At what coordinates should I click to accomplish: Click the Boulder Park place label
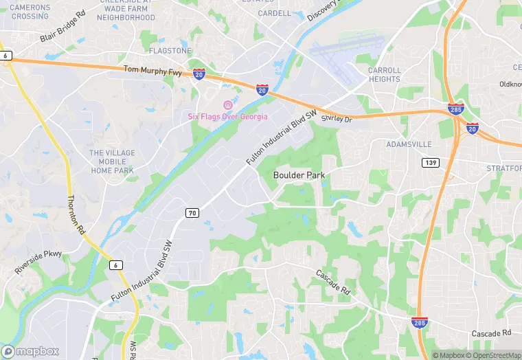point(299,175)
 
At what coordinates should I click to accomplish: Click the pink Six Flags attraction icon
point(227,104)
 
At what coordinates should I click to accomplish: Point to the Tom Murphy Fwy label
point(153,69)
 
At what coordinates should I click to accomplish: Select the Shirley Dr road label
point(337,119)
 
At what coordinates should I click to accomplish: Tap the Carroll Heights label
point(384,74)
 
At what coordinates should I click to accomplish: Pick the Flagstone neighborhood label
point(170,51)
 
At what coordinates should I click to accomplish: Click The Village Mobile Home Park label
point(112,161)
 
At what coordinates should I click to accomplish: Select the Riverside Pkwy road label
point(38,262)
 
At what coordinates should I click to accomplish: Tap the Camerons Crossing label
point(30,12)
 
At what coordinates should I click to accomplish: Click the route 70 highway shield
point(192,214)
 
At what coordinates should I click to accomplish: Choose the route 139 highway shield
point(431,162)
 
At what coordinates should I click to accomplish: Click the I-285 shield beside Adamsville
point(455,109)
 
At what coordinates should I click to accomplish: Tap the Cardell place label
point(275,13)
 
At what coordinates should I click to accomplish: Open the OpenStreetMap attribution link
point(494,355)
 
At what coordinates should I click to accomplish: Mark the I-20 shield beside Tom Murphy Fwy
point(198,73)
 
